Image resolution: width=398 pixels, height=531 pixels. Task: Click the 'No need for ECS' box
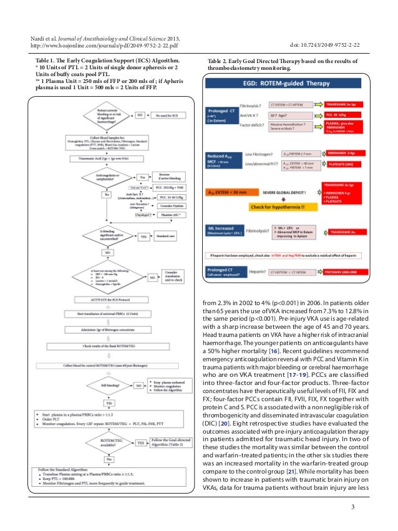coord(164,115)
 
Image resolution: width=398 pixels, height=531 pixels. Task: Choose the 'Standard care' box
coord(165,237)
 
